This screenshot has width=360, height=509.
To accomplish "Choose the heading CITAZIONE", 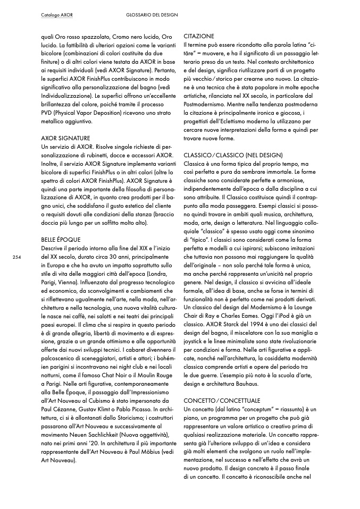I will click(x=198, y=36).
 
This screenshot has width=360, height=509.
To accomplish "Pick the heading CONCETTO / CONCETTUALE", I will click(x=222, y=400).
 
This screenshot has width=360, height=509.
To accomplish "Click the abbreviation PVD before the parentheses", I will click(x=47, y=113).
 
